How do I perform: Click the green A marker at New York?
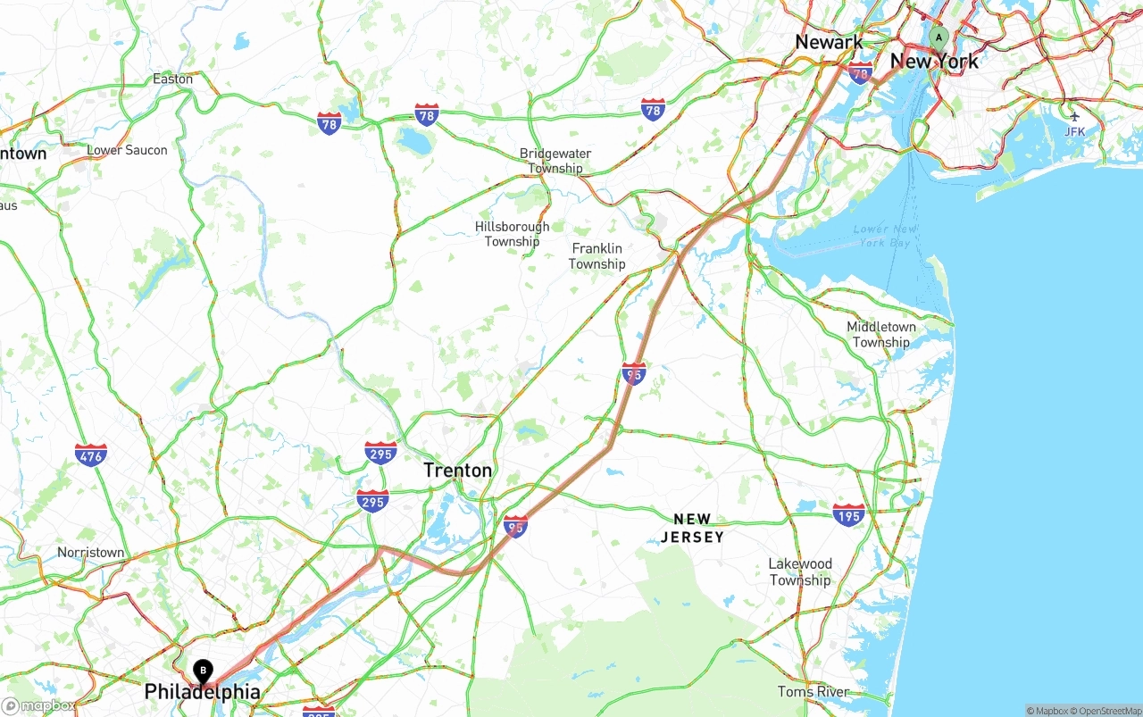tap(938, 38)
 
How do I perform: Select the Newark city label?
tap(829, 42)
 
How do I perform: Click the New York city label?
tap(934, 62)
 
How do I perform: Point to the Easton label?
tap(172, 79)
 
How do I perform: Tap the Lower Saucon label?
tap(127, 150)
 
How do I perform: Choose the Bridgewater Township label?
tap(555, 161)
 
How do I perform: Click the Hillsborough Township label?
tap(513, 234)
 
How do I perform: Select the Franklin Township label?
tap(597, 256)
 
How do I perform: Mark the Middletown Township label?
tap(880, 335)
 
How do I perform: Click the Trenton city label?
tap(457, 471)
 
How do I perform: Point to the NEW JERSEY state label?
tap(692, 528)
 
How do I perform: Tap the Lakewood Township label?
tap(800, 571)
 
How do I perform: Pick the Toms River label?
tap(813, 691)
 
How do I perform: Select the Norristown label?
tap(91, 553)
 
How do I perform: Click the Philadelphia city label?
tap(203, 692)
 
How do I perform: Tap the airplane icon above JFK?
tap(1074, 115)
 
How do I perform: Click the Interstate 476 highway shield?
tap(91, 454)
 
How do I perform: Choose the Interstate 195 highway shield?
tap(848, 514)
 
